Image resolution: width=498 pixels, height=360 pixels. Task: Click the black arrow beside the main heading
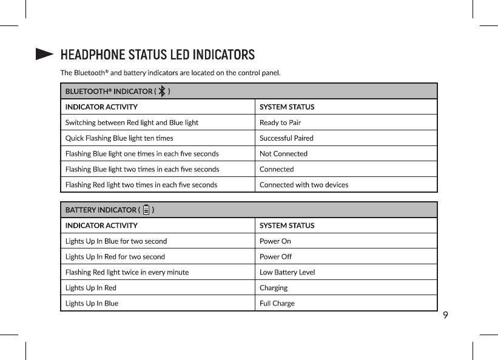coord(44,55)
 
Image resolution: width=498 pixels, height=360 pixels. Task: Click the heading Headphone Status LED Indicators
coord(157,55)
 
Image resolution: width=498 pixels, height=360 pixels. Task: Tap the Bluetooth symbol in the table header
coord(162,91)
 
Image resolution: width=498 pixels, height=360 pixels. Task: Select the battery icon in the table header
coord(146,210)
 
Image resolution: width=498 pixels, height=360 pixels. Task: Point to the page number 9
coord(446,315)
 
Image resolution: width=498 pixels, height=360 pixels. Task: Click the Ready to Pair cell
coord(280,122)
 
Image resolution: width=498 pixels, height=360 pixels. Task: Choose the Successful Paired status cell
coord(286,138)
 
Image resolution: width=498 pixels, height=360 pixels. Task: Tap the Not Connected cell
coord(283,154)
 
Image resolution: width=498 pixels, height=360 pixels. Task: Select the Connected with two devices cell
coord(304,185)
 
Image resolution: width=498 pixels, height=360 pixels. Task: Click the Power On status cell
coord(275,241)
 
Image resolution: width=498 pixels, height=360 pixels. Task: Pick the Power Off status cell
coord(275,257)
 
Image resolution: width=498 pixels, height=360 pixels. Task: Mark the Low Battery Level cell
coord(287,273)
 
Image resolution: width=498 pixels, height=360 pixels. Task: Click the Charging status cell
coord(274,288)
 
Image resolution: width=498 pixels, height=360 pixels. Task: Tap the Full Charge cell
coord(277,304)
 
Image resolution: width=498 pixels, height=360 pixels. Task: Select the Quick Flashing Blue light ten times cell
coord(119,138)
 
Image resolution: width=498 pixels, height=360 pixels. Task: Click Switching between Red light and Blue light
coord(132,122)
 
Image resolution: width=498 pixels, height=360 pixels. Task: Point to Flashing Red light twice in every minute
coord(127,273)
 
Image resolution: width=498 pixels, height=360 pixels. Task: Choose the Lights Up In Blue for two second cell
coord(116,241)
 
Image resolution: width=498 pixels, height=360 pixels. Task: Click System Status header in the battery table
coord(287,225)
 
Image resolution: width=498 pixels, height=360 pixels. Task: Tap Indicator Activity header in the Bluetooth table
coord(101,107)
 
